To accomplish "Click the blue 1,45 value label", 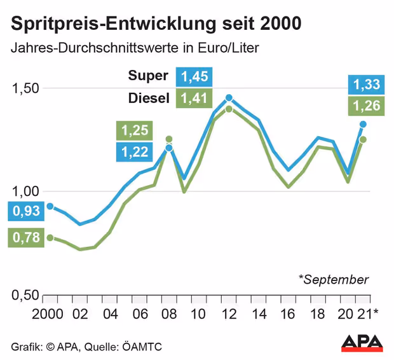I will pyautogui.click(x=195, y=76).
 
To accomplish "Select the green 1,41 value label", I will pyautogui.click(x=195, y=99).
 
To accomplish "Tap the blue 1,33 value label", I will pyautogui.click(x=367, y=84).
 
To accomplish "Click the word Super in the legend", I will pyautogui.click(x=149, y=76).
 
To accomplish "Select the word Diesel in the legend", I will pyautogui.click(x=149, y=99).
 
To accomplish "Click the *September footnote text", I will pyautogui.click(x=333, y=279).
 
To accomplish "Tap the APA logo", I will pyautogui.click(x=362, y=343).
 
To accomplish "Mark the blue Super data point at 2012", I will pyautogui.click(x=229, y=98).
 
